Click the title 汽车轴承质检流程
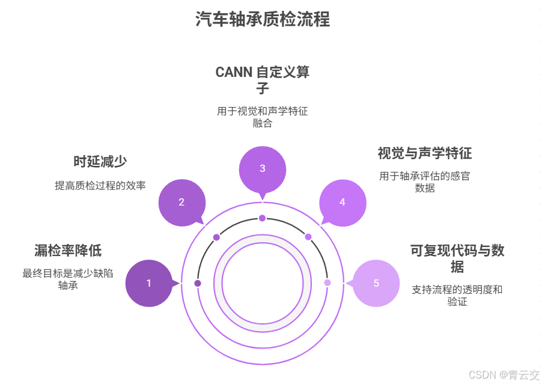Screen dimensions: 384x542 click(263, 19)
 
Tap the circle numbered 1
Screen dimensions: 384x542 click(149, 283)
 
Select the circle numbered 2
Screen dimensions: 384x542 click(181, 203)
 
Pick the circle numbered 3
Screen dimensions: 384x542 click(262, 169)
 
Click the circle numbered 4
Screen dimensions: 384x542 click(343, 203)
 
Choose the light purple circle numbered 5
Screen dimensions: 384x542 click(376, 283)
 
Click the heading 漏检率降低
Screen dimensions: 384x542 click(68, 251)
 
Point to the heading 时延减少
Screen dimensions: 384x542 click(100, 162)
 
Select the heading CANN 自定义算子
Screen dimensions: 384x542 click(263, 80)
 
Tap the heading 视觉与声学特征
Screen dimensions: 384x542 click(424, 153)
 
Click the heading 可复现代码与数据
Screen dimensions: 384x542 click(457, 258)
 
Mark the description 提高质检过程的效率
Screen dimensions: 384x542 click(100, 186)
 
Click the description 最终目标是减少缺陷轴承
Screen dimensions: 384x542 click(68, 279)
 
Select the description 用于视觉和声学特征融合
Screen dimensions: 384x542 click(263, 117)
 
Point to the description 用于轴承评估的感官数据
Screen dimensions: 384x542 click(424, 181)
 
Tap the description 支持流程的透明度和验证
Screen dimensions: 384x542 click(457, 295)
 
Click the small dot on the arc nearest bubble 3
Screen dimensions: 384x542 click(262, 218)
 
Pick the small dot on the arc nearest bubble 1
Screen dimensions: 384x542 click(198, 283)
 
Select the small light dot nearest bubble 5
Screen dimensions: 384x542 click(327, 283)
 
